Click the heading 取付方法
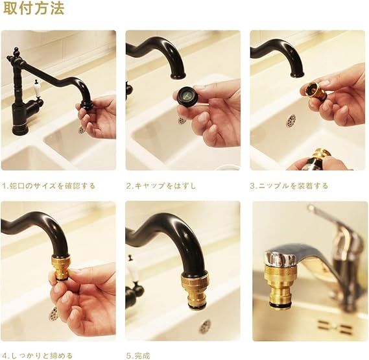coord(33,10)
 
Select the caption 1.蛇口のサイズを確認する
coord(49,186)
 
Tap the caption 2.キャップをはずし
coord(161,186)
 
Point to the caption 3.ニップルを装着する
coord(289,186)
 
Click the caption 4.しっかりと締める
coord(38,355)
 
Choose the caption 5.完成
coord(139,355)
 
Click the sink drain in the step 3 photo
coord(291,121)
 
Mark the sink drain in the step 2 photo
coord(182,120)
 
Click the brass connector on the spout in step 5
coord(195,291)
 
